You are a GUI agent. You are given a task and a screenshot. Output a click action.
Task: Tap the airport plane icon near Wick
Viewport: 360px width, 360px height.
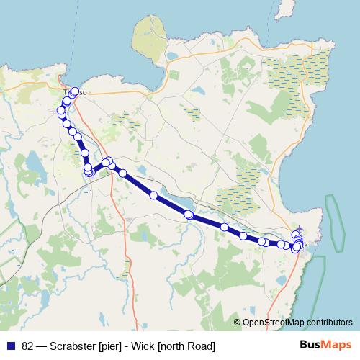tap(299, 231)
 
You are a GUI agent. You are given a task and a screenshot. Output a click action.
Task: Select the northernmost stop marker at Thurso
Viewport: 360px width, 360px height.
tap(74, 91)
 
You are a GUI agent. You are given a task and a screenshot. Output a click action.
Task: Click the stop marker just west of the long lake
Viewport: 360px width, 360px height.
tap(153, 195)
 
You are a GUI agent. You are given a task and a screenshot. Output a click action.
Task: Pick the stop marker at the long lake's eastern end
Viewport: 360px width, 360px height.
tap(189, 215)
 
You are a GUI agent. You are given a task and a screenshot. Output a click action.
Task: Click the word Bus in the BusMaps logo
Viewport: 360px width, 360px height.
tap(310, 345)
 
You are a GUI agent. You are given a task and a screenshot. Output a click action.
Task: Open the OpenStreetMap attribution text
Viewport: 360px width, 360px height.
tap(295, 322)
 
